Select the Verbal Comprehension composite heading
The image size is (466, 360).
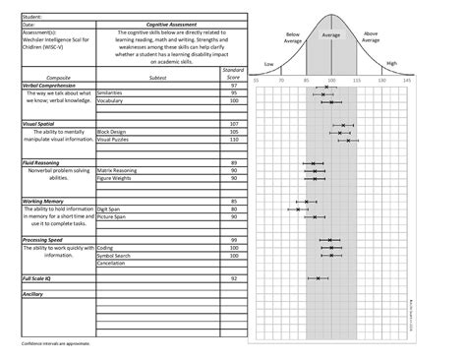(50, 87)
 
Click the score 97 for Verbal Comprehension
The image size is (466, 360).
(234, 87)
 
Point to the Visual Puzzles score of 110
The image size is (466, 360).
(234, 139)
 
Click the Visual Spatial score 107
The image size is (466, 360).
(234, 123)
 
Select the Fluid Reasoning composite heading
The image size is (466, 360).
(44, 160)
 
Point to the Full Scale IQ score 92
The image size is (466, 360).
(234, 278)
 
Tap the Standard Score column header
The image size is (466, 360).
(233, 74)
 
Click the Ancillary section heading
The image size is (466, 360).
(33, 293)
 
